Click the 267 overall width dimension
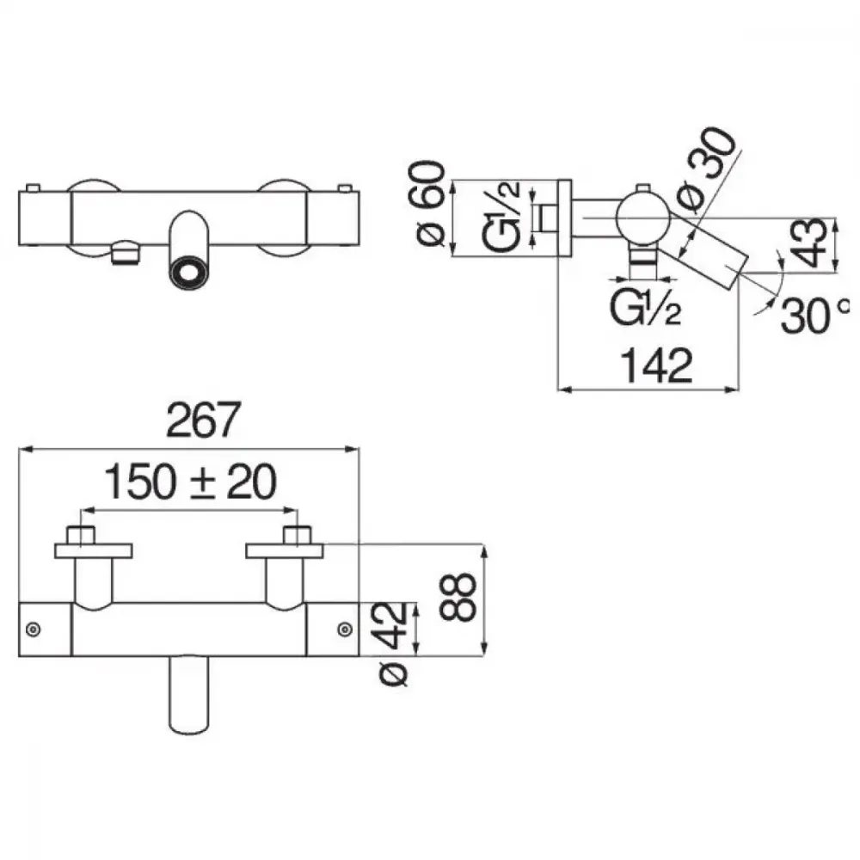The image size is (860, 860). point(203,420)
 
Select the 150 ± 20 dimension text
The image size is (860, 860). point(190,482)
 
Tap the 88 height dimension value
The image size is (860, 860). point(458,597)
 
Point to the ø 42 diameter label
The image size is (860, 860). point(393,644)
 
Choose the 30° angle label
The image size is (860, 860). point(814,315)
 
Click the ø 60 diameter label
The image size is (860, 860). point(430,204)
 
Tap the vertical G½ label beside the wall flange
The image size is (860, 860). point(501,216)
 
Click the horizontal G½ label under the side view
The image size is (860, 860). point(646,308)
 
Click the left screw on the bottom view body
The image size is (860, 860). point(33,630)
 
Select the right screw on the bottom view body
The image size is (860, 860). point(345,630)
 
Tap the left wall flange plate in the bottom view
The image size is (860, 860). point(93,551)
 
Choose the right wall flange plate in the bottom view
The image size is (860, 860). point(284,551)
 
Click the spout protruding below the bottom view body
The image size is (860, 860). point(189,695)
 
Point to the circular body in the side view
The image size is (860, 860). point(643,218)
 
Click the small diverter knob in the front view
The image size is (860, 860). point(125,253)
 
